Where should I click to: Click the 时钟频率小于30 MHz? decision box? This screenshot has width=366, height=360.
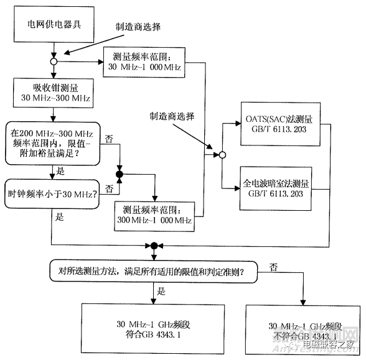(x=52, y=191)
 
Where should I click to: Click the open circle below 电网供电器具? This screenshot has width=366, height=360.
(x=55, y=62)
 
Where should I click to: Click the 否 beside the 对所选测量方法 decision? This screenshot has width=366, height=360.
(x=273, y=265)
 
